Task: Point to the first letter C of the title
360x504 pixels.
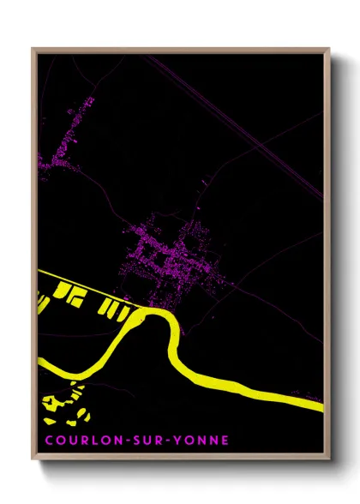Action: pos(49,441)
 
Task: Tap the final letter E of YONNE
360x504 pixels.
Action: pos(225,441)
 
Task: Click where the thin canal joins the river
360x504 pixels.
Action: pos(146,310)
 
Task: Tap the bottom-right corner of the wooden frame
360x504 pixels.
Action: pos(329,462)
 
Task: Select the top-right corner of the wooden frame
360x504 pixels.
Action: pos(329,49)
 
